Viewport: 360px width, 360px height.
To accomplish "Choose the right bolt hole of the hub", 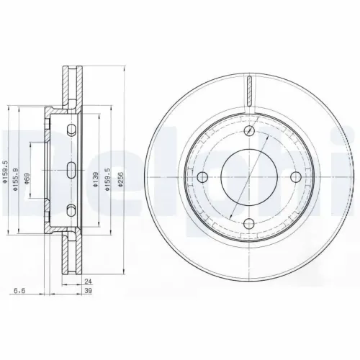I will (296, 178).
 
